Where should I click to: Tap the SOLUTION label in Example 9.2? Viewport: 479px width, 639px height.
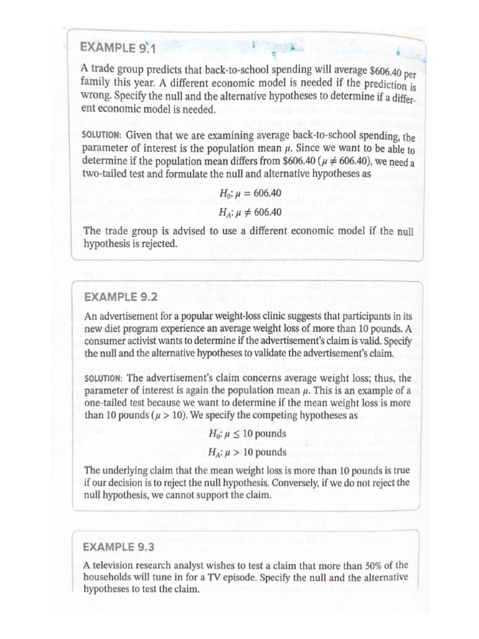point(103,378)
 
